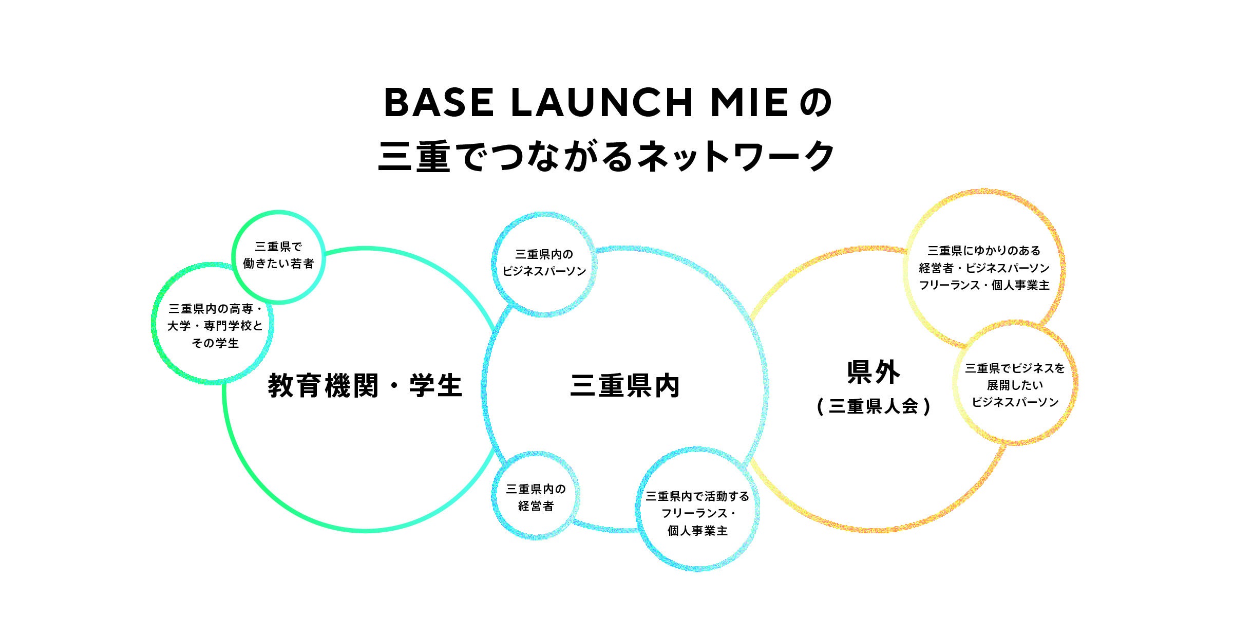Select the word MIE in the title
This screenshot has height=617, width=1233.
[749, 102]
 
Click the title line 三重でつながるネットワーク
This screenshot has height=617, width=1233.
[606, 156]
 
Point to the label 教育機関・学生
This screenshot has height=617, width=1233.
[365, 386]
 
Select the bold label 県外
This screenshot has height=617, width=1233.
[873, 372]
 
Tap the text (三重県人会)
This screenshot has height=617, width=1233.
[873, 406]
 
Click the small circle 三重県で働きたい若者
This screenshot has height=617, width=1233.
[278, 256]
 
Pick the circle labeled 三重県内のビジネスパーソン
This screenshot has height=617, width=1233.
[544, 263]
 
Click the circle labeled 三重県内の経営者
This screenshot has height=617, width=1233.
[536, 497]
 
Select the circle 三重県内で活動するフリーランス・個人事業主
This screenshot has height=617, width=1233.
[697, 513]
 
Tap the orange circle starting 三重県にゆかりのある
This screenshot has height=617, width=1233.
[984, 268]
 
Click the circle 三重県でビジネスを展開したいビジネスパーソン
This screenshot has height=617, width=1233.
[1015, 385]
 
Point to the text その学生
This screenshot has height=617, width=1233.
[215, 343]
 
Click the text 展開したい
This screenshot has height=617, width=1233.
[1015, 385]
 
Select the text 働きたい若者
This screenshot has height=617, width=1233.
[278, 264]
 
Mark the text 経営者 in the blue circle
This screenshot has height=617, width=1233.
[536, 506]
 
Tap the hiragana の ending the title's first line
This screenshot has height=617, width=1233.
[816, 103]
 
